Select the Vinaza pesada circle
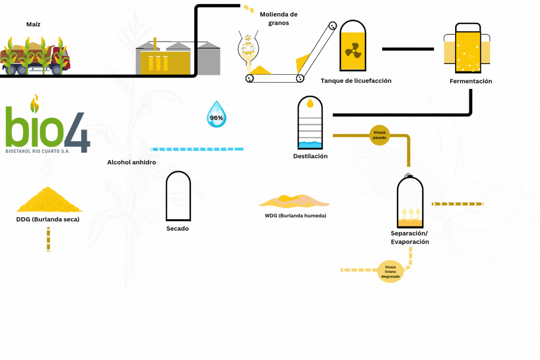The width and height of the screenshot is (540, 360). coord(379,135)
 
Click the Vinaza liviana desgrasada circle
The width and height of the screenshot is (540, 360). coord(390,271)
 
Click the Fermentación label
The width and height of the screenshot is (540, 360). coord(471,81)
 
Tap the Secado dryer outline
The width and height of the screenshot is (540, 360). coord(178,196)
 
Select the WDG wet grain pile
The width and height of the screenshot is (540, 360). coord(293,201)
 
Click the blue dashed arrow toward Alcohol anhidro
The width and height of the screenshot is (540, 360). coord(197,149)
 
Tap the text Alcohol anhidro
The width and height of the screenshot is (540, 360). coord(131,162)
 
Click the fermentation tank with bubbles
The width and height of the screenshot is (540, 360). coord(467,49)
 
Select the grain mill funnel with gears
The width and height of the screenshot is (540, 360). coord(248,49)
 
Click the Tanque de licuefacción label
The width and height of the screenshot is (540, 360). coord(356,81)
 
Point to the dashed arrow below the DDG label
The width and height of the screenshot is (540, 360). coord(48,239)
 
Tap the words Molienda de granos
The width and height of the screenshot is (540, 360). coord(279,19)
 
